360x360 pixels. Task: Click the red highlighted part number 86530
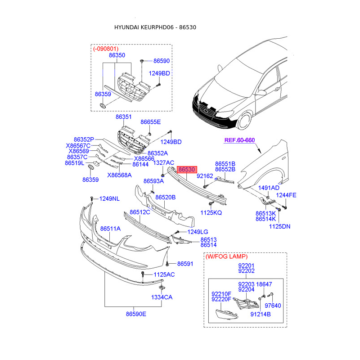187,170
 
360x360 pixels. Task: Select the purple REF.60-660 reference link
239,140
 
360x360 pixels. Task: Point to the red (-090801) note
106,48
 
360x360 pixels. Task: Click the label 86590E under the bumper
136,314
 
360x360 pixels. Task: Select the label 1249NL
109,198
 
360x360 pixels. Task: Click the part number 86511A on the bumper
110,229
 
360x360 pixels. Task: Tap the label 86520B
166,197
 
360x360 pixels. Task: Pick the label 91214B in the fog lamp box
260,315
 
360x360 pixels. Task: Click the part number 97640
273,306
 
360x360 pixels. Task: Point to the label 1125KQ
211,212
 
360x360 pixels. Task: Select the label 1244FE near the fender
286,195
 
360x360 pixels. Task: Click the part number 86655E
150,122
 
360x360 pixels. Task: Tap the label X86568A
119,175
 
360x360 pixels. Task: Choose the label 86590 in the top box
162,60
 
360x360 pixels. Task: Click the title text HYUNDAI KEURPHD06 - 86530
155,27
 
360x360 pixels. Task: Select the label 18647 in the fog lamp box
264,284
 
